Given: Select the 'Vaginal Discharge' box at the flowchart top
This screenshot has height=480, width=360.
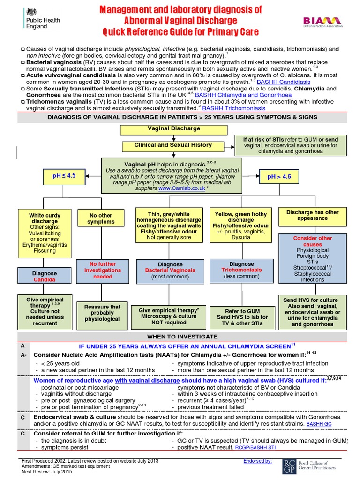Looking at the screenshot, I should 174,128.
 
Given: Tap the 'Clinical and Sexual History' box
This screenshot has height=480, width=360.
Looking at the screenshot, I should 173,145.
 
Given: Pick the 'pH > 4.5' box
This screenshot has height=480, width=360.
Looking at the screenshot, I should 279,177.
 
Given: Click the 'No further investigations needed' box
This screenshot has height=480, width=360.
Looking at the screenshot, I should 101,270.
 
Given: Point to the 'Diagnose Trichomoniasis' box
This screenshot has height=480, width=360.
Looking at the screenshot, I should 241,270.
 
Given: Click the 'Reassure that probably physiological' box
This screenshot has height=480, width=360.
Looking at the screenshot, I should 102,313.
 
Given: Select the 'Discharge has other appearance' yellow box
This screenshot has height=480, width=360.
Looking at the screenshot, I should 313,215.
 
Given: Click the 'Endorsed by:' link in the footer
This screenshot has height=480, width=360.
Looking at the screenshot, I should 257,461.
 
